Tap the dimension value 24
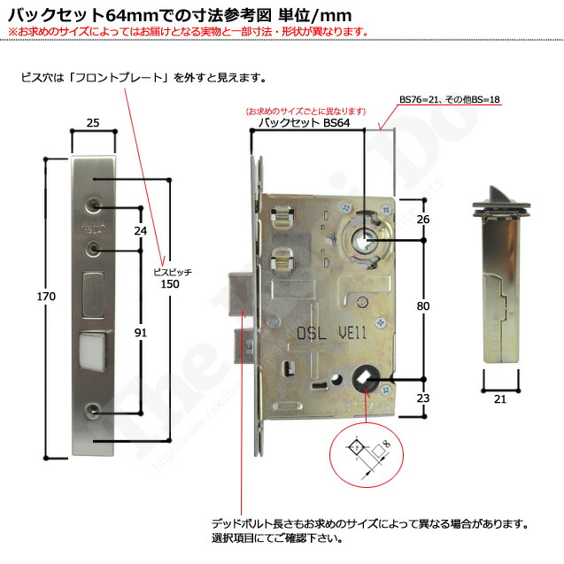140,230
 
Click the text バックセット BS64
302,123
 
